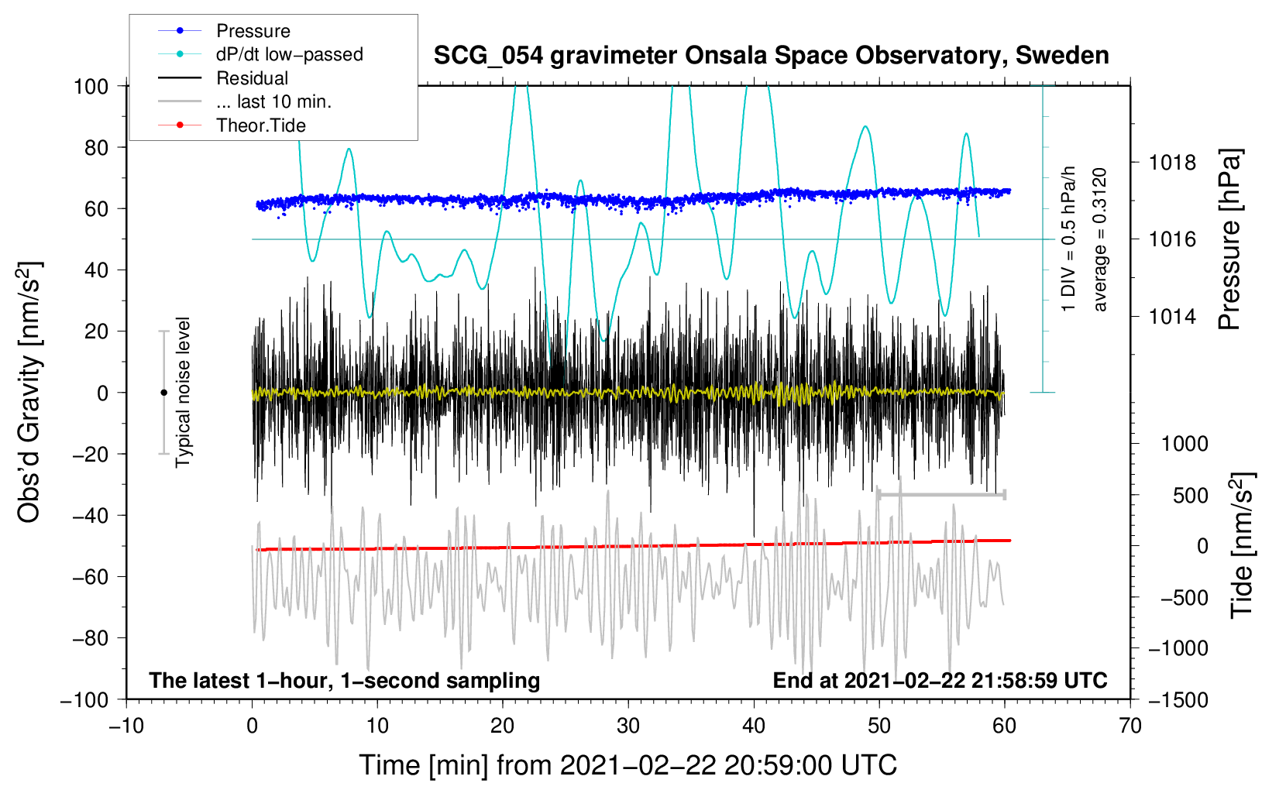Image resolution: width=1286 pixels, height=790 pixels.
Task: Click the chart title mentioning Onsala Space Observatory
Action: coord(771,56)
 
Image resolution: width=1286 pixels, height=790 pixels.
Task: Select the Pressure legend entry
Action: coord(253,31)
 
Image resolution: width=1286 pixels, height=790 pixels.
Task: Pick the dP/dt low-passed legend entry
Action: coord(289,54)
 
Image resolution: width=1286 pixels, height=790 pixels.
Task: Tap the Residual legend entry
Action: coord(252,78)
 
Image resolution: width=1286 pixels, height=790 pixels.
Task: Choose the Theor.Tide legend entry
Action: coord(260,125)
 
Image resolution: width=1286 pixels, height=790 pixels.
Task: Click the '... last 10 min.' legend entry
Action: coord(273,101)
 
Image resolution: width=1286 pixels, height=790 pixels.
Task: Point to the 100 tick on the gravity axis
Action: coord(91,86)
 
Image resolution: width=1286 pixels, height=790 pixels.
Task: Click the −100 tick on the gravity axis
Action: coord(85,699)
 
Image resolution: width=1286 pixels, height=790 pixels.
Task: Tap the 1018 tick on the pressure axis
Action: coord(1172,163)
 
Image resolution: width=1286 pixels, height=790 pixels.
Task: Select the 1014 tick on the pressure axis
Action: coord(1172,316)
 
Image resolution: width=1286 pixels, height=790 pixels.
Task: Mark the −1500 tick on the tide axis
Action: coord(1178,699)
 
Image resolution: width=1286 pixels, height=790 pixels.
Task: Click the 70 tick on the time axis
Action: coord(1130,726)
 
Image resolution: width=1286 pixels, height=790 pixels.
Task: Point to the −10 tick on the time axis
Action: coord(126,726)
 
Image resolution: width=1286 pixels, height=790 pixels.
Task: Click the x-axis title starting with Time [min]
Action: coord(628,765)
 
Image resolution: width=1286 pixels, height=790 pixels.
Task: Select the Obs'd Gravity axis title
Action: coord(29,393)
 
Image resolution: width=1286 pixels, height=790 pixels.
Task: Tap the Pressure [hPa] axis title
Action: coord(1229,240)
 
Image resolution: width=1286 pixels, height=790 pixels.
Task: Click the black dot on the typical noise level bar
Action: coord(163,393)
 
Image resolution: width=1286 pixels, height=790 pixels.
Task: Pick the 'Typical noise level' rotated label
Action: coord(183,393)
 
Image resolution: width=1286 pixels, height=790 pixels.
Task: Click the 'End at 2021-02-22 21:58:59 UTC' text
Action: coord(940,680)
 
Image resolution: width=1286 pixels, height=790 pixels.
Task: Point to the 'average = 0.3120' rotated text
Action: coord(1100,240)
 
